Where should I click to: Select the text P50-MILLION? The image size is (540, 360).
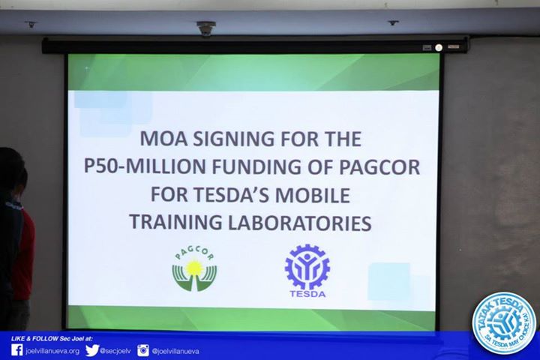[x=145, y=166]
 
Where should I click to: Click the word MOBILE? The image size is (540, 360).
[x=312, y=195]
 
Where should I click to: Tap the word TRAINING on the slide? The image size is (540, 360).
[x=175, y=223]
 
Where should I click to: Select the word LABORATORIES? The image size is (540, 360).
[x=299, y=223]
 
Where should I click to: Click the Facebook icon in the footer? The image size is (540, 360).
[x=16, y=350]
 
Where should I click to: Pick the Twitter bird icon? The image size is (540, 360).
[x=92, y=350]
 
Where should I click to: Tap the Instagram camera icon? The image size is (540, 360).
[x=143, y=350]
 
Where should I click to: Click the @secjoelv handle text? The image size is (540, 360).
[x=115, y=351]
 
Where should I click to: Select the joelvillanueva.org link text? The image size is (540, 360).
[x=52, y=351]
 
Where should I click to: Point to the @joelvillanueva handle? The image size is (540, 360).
[x=175, y=351]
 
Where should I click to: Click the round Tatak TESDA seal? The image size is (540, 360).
[x=504, y=324]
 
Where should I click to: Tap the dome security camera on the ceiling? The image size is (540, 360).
[x=206, y=28]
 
